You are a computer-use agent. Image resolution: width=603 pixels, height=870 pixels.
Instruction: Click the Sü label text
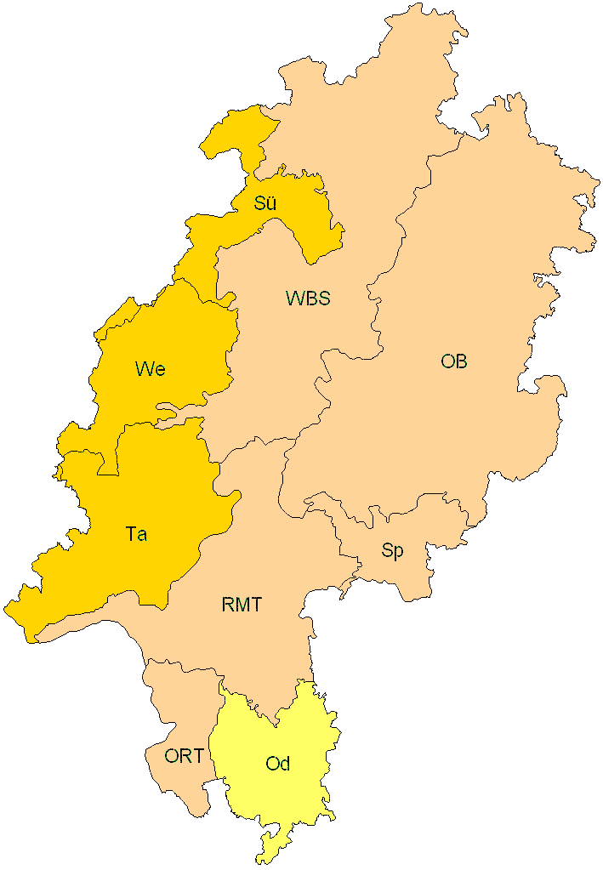[x=265, y=203]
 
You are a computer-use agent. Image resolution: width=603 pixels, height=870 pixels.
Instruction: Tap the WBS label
[x=308, y=299]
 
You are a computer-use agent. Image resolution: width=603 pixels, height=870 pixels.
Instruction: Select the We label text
[x=150, y=369]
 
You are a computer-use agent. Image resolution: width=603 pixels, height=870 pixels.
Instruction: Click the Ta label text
[x=136, y=534]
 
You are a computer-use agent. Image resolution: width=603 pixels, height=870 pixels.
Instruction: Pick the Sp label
[x=392, y=551]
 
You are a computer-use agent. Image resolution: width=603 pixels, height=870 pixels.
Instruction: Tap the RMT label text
[x=242, y=606]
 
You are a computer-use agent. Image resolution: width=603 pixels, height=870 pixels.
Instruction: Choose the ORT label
[x=185, y=755]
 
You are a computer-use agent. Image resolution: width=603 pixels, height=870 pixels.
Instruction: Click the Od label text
[x=278, y=764]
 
